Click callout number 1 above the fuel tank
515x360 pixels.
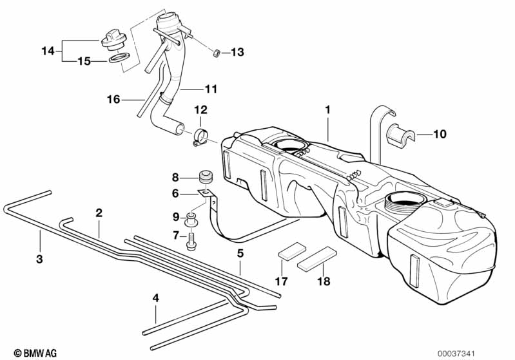[x=327, y=110]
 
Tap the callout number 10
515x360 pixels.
[x=439, y=135]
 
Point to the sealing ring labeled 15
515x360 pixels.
[x=119, y=59]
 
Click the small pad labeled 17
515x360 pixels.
[x=290, y=251]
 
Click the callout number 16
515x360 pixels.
[x=113, y=99]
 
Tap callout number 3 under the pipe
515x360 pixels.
[x=39, y=260]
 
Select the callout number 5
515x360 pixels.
[x=240, y=254]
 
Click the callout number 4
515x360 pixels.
[x=155, y=298]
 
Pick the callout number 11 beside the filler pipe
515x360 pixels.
[x=211, y=88]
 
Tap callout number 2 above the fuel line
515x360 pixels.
[x=99, y=212]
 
